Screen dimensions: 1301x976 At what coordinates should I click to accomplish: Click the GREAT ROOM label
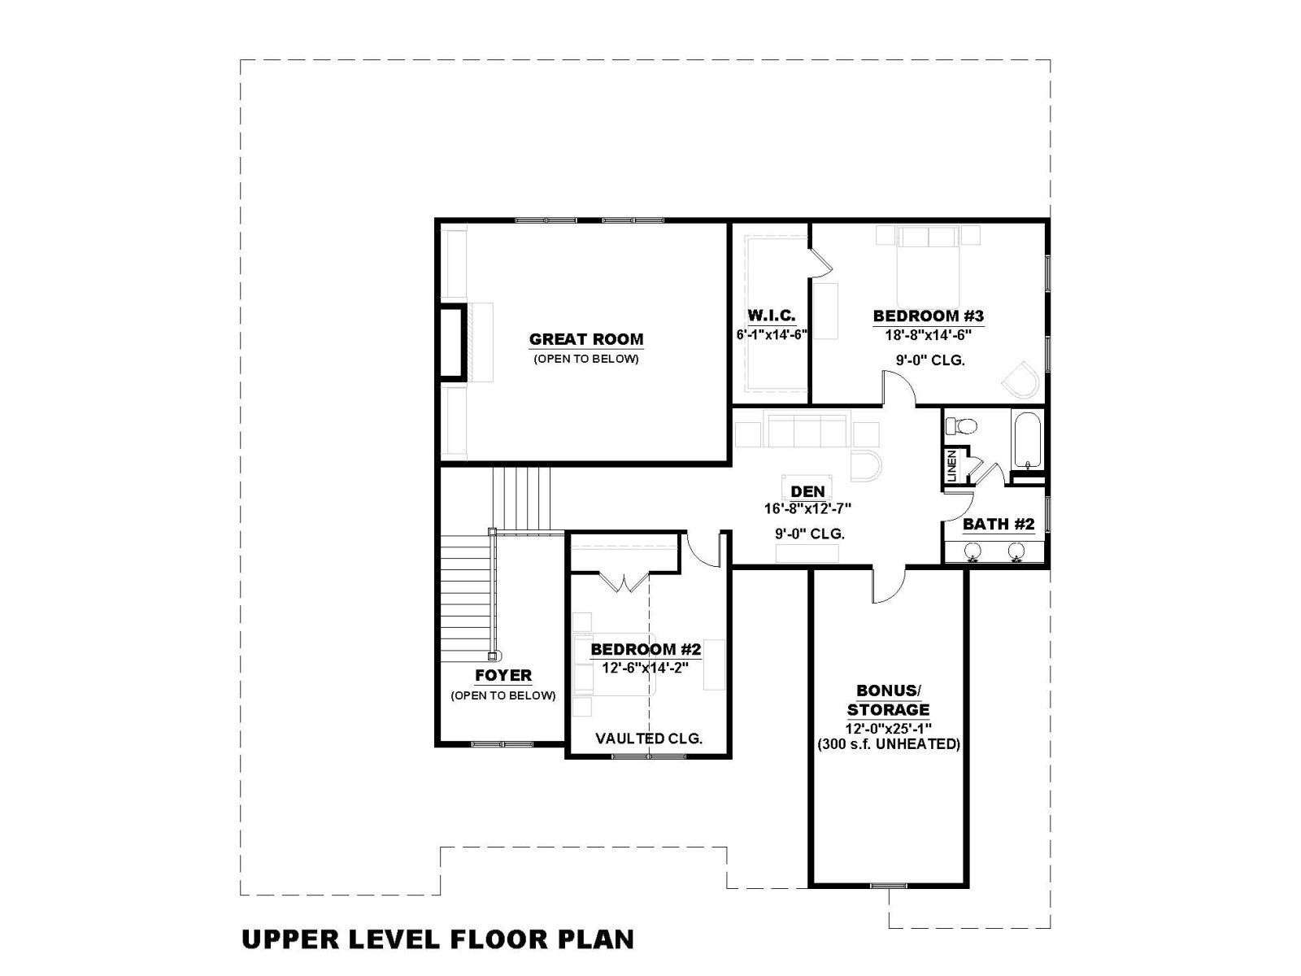pos(585,339)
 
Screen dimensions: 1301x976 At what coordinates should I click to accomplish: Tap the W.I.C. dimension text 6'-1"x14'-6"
pos(771,335)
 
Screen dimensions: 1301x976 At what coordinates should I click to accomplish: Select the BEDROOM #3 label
pos(929,316)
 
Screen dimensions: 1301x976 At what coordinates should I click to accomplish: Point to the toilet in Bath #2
pos(961,426)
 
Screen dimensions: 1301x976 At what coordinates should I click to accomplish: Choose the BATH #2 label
pos(999,524)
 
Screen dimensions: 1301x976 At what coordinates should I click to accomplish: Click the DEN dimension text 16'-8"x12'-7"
pos(807,508)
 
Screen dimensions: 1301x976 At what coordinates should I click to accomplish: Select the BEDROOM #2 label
pos(646,650)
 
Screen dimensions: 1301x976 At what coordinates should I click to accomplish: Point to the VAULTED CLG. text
pos(648,739)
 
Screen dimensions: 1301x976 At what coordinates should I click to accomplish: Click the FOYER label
pos(503,675)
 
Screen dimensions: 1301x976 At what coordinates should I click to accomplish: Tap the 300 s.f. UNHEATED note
pos(889,744)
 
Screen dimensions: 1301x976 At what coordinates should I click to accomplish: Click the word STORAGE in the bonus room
pos(888,709)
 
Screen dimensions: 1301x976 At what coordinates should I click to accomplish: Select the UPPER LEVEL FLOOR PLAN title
pos(438,940)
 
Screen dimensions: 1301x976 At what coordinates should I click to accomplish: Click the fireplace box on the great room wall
pos(451,341)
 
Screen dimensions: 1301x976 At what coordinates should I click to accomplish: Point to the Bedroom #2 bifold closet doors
pos(624,582)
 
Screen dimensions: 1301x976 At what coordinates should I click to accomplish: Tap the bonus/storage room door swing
pos(887,586)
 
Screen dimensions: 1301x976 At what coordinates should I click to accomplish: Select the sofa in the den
pos(807,431)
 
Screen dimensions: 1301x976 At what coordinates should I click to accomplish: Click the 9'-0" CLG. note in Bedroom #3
pos(930,359)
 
